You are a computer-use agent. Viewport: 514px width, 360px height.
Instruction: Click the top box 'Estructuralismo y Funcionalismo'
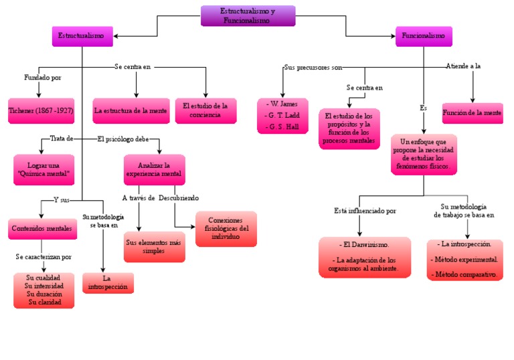[x=248, y=16]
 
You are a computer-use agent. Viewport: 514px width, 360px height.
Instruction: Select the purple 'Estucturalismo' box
[x=82, y=36]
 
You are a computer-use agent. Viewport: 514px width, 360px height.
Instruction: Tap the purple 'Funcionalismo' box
[x=424, y=36]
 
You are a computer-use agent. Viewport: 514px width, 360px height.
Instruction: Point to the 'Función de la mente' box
[x=472, y=113]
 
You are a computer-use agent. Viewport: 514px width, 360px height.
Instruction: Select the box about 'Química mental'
[x=44, y=170]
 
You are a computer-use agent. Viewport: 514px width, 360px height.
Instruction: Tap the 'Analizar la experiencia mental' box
[x=154, y=170]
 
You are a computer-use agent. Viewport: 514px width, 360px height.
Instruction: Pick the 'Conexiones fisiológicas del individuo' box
[x=226, y=229]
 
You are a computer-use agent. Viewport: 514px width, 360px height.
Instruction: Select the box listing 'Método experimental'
[x=466, y=259]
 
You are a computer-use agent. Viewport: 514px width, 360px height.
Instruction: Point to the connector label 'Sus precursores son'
[x=313, y=68]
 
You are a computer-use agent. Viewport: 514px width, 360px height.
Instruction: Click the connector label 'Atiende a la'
[x=463, y=66]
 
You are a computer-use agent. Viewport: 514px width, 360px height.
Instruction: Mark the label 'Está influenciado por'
[x=365, y=211]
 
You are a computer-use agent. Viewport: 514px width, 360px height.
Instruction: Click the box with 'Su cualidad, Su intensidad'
[x=44, y=290]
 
